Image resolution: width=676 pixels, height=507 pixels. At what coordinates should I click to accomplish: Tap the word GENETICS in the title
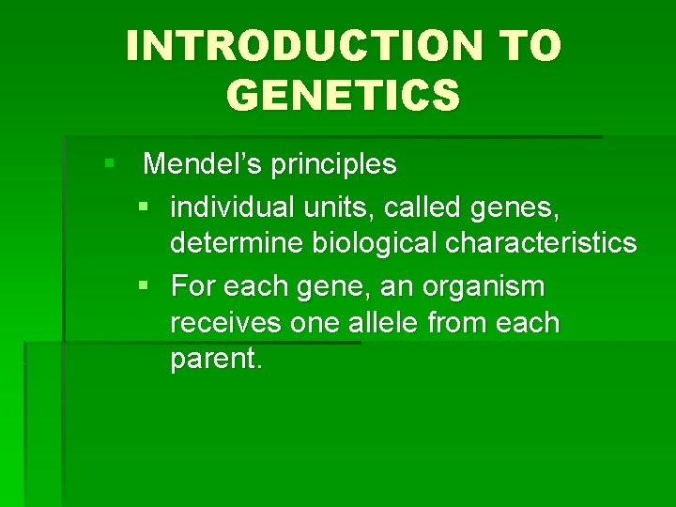coord(344,95)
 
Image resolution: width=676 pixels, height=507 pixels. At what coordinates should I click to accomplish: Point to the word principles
coord(333,165)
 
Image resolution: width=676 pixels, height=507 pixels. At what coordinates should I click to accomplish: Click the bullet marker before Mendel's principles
coord(110,165)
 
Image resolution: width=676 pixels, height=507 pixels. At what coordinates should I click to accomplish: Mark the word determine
coord(238,244)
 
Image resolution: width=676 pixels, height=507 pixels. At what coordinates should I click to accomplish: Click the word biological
coord(375,244)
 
